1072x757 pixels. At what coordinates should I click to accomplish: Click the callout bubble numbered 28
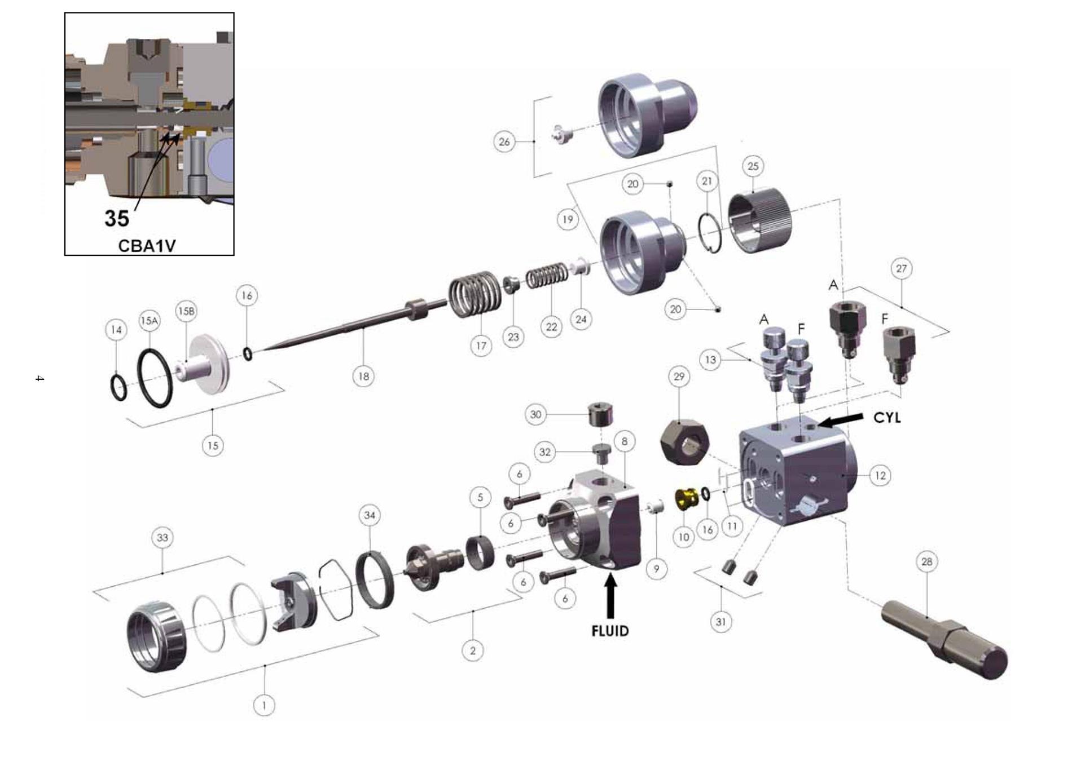(x=926, y=561)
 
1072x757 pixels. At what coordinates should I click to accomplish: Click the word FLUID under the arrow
(x=609, y=631)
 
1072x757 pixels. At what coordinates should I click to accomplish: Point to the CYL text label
(x=887, y=418)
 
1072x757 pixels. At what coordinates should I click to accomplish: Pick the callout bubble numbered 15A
(x=149, y=321)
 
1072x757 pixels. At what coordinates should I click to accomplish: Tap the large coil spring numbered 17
(x=475, y=294)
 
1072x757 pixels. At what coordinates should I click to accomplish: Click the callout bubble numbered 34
(x=370, y=515)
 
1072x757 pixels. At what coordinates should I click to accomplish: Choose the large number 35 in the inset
(x=117, y=218)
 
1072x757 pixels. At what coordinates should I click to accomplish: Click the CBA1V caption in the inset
(x=147, y=246)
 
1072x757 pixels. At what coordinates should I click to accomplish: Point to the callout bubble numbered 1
(x=264, y=705)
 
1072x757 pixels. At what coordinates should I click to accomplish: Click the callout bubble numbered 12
(x=880, y=476)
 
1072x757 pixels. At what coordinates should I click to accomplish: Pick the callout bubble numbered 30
(x=535, y=415)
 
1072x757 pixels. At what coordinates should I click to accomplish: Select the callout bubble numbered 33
(x=162, y=537)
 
